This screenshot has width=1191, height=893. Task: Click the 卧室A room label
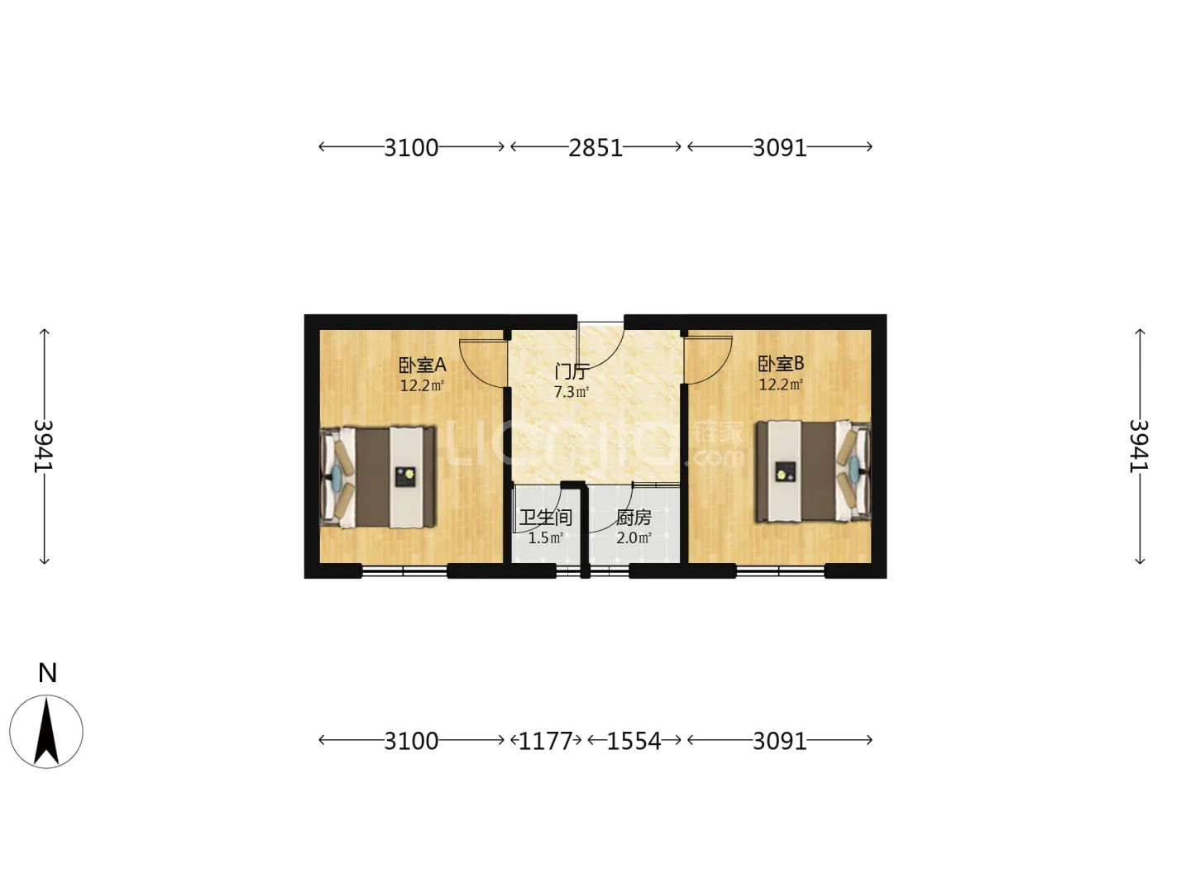[422, 365]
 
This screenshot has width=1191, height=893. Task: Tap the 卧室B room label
[780, 364]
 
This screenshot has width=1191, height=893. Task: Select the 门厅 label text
[572, 372]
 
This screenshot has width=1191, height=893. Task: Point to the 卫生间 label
[545, 518]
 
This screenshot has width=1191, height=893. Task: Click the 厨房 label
[634, 518]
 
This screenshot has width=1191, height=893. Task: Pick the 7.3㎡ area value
[572, 391]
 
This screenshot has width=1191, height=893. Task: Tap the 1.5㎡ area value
[545, 537]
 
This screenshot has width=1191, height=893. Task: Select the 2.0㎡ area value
[634, 537]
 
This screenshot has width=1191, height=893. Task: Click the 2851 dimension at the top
[595, 147]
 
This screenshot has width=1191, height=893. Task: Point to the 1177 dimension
[545, 741]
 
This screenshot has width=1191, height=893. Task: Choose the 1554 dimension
[634, 741]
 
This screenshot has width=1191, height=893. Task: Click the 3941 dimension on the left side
[44, 446]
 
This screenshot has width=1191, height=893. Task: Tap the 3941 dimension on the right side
[1140, 446]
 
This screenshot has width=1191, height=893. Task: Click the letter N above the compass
[48, 673]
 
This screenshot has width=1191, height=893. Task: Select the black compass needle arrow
[46, 731]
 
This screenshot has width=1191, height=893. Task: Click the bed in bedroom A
[378, 478]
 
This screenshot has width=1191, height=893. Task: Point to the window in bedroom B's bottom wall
[780, 571]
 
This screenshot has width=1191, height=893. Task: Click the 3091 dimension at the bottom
[780, 741]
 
